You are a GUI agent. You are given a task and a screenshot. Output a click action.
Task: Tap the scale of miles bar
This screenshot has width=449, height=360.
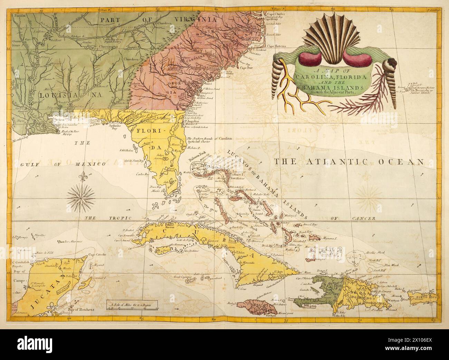(x=133, y=305)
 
